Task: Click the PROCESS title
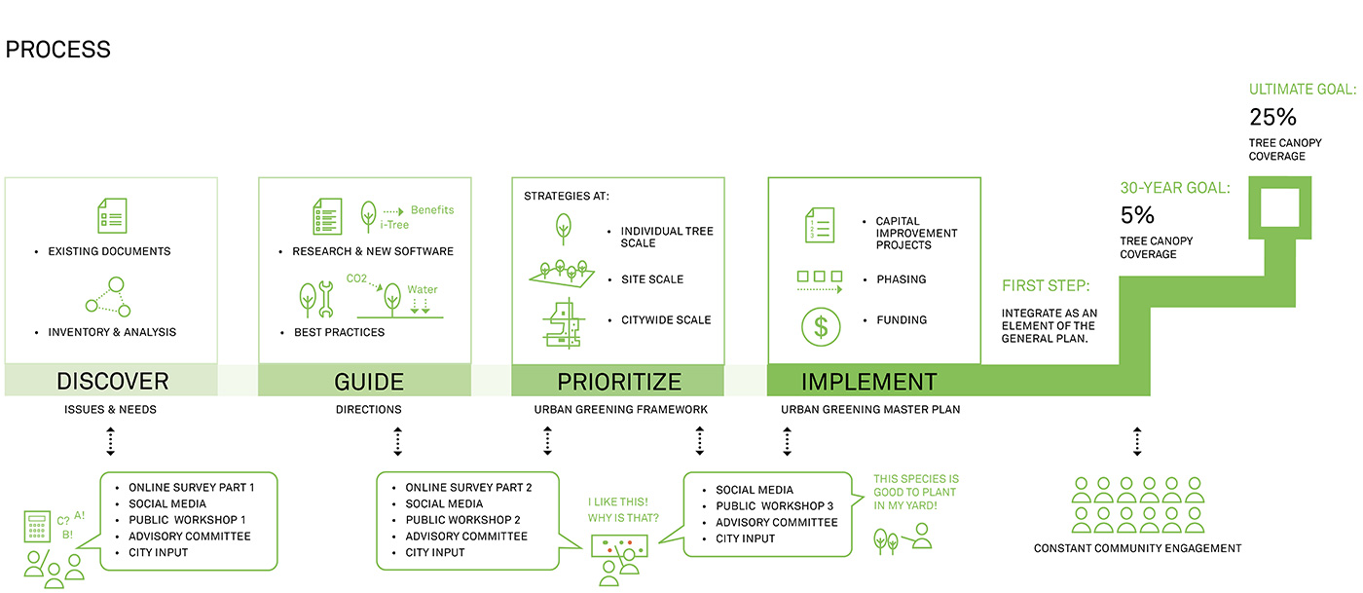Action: click(x=57, y=50)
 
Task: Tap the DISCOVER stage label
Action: click(x=113, y=381)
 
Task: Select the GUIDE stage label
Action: click(x=369, y=382)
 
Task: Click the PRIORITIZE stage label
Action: click(x=619, y=382)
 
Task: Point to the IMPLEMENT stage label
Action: click(x=868, y=382)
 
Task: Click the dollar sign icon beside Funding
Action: click(x=821, y=327)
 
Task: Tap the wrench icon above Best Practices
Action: click(x=326, y=299)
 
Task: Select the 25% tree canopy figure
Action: click(x=1273, y=117)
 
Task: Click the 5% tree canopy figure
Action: click(x=1137, y=215)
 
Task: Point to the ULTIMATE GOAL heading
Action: click(x=1303, y=90)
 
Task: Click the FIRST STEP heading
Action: click(x=1046, y=285)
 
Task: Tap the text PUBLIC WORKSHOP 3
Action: click(x=775, y=506)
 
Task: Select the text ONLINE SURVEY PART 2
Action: click(x=468, y=488)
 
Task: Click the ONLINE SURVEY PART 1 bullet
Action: click(x=191, y=488)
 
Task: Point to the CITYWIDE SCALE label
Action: click(x=666, y=320)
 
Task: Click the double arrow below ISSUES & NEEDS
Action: click(x=110, y=441)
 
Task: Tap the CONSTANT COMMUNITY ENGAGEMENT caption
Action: click(x=1137, y=548)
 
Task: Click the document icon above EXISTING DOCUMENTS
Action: click(x=113, y=215)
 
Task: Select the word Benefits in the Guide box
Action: click(x=432, y=210)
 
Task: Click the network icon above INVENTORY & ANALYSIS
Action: click(x=108, y=297)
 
